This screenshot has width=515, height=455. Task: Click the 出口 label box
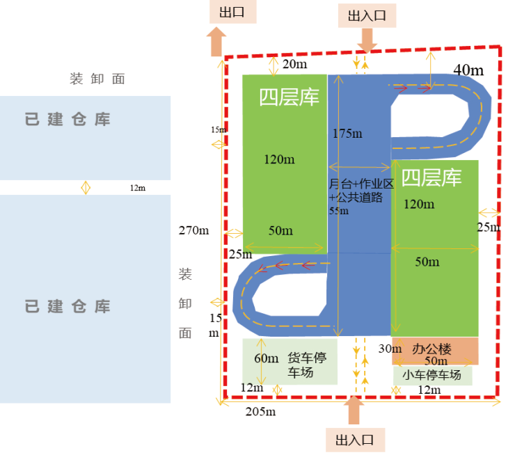point(232,13)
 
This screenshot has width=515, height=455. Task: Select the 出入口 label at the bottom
point(354,440)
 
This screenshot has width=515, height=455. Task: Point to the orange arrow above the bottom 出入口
point(354,410)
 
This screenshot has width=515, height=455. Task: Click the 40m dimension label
point(468,70)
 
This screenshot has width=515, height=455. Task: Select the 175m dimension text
point(347,134)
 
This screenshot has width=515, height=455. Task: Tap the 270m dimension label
point(193,230)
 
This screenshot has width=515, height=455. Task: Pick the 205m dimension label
point(260,411)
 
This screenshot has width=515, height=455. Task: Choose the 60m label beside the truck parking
point(266,358)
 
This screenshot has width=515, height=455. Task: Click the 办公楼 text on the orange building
point(431,348)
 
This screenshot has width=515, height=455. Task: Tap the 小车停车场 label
point(431,375)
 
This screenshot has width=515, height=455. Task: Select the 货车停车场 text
point(306,365)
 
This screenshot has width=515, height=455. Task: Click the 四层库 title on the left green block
point(290,97)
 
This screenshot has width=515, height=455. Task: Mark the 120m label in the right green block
point(419,205)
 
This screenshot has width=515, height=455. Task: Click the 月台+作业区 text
point(362,184)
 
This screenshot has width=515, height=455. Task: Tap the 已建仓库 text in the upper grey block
point(68,120)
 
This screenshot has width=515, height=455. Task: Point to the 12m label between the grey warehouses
point(138,188)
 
